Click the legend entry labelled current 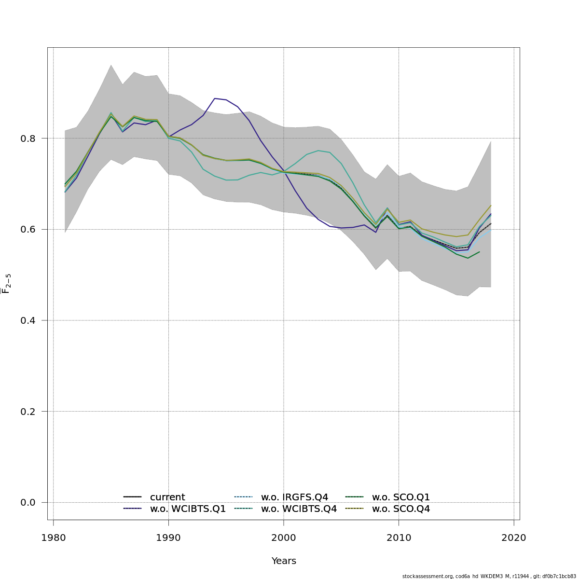pyautogui.click(x=167, y=497)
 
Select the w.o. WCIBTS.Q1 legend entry pyautogui.click(x=188, y=509)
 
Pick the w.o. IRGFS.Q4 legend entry pyautogui.click(x=294, y=497)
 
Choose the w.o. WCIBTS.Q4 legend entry pyautogui.click(x=299, y=509)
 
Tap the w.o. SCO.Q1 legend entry pyautogui.click(x=400, y=497)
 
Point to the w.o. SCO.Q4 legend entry pyautogui.click(x=400, y=509)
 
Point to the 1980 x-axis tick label pyautogui.click(x=53, y=538)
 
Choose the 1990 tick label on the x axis pyautogui.click(x=168, y=538)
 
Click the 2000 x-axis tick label pyautogui.click(x=284, y=538)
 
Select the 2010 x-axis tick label pyautogui.click(x=399, y=538)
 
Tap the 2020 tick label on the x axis pyautogui.click(x=514, y=538)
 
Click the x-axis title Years pyautogui.click(x=284, y=561)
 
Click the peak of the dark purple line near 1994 pyautogui.click(x=215, y=98)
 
